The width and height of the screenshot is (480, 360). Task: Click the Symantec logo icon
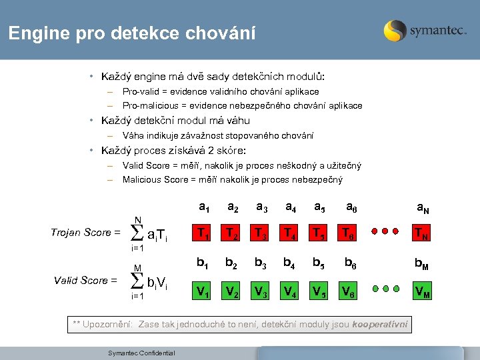tap(395, 31)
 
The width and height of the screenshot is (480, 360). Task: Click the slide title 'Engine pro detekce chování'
tap(131, 33)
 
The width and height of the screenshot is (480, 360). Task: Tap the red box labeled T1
tap(201, 232)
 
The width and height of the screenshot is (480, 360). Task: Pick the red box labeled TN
tap(422, 232)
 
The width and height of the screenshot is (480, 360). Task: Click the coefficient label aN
tap(423, 209)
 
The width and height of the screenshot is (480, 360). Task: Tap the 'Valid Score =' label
tap(85, 281)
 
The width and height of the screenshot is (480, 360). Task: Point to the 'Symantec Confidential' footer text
tap(141, 353)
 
